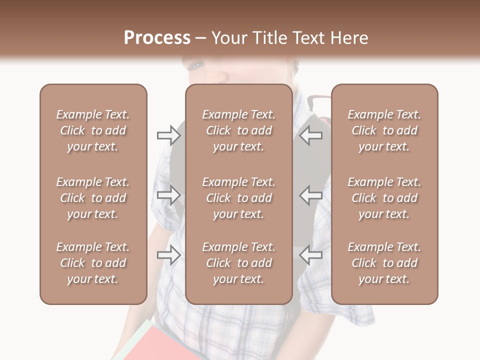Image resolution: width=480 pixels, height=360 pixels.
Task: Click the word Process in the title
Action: [157, 38]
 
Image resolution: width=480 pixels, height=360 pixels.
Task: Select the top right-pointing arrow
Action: [168, 135]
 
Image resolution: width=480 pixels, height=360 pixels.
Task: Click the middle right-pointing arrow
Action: [168, 194]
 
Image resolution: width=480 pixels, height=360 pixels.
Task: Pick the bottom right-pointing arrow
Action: [168, 255]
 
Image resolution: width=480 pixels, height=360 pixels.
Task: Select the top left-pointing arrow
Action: [311, 135]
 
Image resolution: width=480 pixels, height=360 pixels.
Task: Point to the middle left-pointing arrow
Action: [311, 194]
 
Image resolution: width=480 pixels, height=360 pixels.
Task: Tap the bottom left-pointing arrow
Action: [311, 255]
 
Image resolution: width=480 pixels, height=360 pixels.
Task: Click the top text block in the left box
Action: [93, 130]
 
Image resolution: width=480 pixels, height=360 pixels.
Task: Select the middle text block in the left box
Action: [93, 198]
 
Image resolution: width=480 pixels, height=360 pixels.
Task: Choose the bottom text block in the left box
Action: [93, 263]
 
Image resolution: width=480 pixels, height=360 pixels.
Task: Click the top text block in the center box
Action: [238, 130]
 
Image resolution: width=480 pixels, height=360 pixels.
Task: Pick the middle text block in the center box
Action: [238, 198]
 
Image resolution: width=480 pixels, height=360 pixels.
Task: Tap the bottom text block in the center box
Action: [238, 263]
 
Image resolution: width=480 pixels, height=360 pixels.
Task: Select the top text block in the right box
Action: [384, 130]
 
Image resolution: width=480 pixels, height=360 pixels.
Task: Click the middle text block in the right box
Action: [384, 198]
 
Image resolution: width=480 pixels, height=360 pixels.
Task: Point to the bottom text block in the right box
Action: [384, 263]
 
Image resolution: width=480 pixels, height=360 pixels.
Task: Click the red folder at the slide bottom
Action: [165, 345]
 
